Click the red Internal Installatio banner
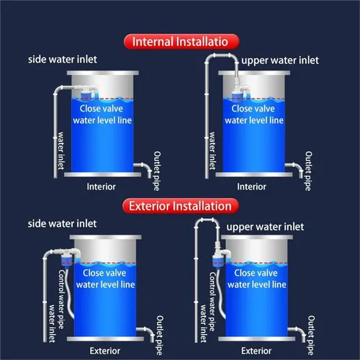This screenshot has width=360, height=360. [x=181, y=42]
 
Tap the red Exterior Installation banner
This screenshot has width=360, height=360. [x=181, y=206]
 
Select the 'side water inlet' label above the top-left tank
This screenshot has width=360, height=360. [x=63, y=60]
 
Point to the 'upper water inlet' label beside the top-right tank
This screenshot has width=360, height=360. [x=280, y=60]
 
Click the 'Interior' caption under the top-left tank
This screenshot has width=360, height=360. [x=101, y=186]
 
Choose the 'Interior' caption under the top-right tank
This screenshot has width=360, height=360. [x=251, y=186]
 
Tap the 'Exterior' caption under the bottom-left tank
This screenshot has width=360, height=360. [x=105, y=351]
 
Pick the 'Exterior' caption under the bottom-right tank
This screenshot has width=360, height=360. [x=256, y=351]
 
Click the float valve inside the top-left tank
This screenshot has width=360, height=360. [x=87, y=91]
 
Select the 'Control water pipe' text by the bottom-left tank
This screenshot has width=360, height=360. [x=61, y=300]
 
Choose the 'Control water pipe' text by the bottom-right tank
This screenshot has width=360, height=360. [x=212, y=302]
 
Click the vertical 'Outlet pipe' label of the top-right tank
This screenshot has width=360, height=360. [x=308, y=171]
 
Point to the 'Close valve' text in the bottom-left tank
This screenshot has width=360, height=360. [x=104, y=273]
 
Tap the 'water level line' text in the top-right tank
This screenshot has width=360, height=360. [x=254, y=120]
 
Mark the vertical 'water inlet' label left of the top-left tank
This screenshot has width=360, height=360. [x=61, y=150]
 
